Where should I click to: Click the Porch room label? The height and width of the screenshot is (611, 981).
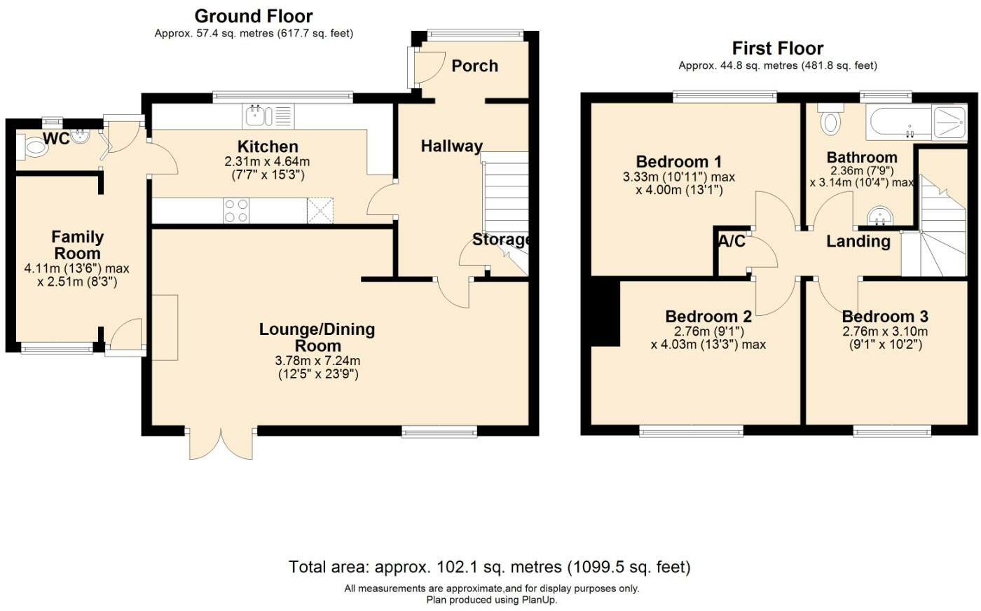point(474,66)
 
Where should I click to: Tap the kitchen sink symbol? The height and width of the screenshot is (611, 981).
point(257,115)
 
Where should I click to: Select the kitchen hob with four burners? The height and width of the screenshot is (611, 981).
point(236,210)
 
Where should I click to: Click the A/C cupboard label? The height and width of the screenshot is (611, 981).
point(732,242)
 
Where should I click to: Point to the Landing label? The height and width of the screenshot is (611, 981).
point(858,242)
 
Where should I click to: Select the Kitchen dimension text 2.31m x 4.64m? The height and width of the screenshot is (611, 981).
point(267,162)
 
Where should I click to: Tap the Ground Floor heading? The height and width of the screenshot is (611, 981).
point(254,16)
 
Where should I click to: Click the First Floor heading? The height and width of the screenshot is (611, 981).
point(777,48)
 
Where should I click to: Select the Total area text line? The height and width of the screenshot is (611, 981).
point(490,567)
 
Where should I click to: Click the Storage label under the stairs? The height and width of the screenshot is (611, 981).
point(500,240)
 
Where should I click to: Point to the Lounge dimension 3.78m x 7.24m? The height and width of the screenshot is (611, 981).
point(318,361)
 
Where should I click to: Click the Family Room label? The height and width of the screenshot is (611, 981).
point(77,245)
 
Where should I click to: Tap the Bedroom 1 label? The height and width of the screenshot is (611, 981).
point(678,162)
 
